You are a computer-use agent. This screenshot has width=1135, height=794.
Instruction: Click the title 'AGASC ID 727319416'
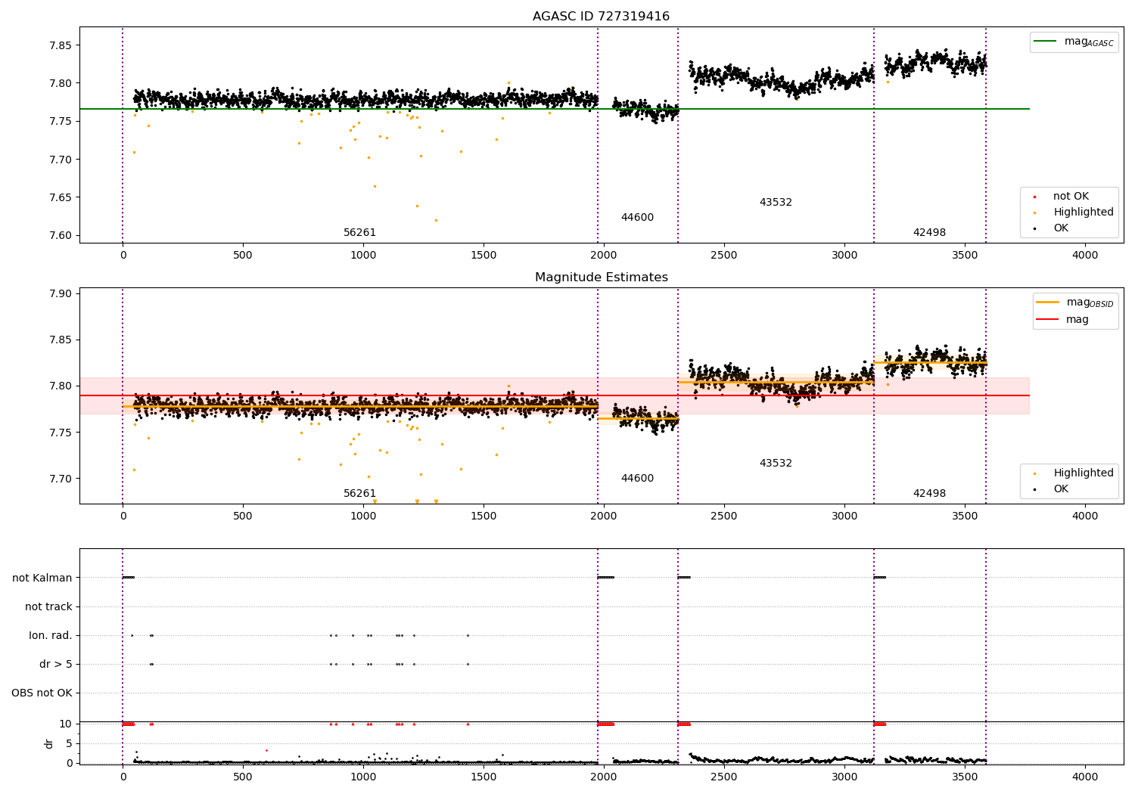pyautogui.click(x=601, y=17)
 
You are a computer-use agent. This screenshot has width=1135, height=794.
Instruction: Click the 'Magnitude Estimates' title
pyautogui.click(x=601, y=278)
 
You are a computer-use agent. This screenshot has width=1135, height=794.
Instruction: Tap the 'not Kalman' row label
pyautogui.click(x=42, y=578)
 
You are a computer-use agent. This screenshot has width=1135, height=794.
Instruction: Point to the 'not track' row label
pyautogui.click(x=48, y=606)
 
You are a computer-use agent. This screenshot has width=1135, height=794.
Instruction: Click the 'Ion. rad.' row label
pyautogui.click(x=51, y=635)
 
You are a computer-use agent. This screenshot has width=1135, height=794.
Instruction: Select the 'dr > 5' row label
pyautogui.click(x=56, y=664)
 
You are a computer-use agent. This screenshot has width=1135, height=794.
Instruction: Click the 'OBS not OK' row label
pyautogui.click(x=42, y=693)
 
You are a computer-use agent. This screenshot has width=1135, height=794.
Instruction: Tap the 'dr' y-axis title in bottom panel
pyautogui.click(x=49, y=743)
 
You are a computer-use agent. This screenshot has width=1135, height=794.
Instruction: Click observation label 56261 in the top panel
pyautogui.click(x=359, y=233)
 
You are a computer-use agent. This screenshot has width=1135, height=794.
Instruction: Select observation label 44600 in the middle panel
pyautogui.click(x=637, y=479)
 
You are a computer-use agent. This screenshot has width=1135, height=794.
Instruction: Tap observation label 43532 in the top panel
pyautogui.click(x=776, y=203)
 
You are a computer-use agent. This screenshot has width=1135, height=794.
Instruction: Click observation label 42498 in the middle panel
pyautogui.click(x=929, y=494)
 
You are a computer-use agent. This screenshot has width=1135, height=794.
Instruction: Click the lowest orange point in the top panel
pyautogui.click(x=436, y=220)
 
